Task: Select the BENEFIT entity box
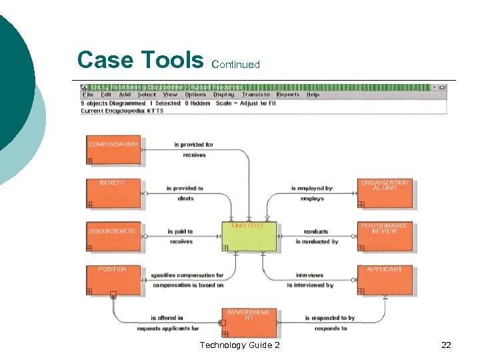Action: pyautogui.click(x=113, y=193)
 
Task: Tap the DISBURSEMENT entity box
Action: pyautogui.click(x=113, y=237)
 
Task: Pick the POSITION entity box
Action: pyautogui.click(x=113, y=280)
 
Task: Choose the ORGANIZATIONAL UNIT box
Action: pyautogui.click(x=385, y=193)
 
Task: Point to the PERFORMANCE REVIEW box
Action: pyautogui.click(x=385, y=237)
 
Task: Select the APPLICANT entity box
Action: pyautogui.click(x=385, y=280)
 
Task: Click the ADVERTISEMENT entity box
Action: pyautogui.click(x=248, y=322)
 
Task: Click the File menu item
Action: pyautogui.click(x=87, y=95)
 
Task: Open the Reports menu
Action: pyautogui.click(x=288, y=95)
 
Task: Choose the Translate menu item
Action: pyautogui.click(x=256, y=95)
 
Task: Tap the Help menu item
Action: pyautogui.click(x=313, y=95)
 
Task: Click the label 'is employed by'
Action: pyautogui.click(x=311, y=189)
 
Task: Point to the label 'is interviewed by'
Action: pyautogui.click(x=310, y=285)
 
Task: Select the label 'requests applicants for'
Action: pyautogui.click(x=168, y=329)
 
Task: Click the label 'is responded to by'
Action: pyautogui.click(x=330, y=319)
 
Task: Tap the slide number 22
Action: pyautogui.click(x=446, y=345)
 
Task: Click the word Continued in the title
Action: pyautogui.click(x=235, y=65)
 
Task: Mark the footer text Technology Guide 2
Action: pyautogui.click(x=239, y=345)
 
